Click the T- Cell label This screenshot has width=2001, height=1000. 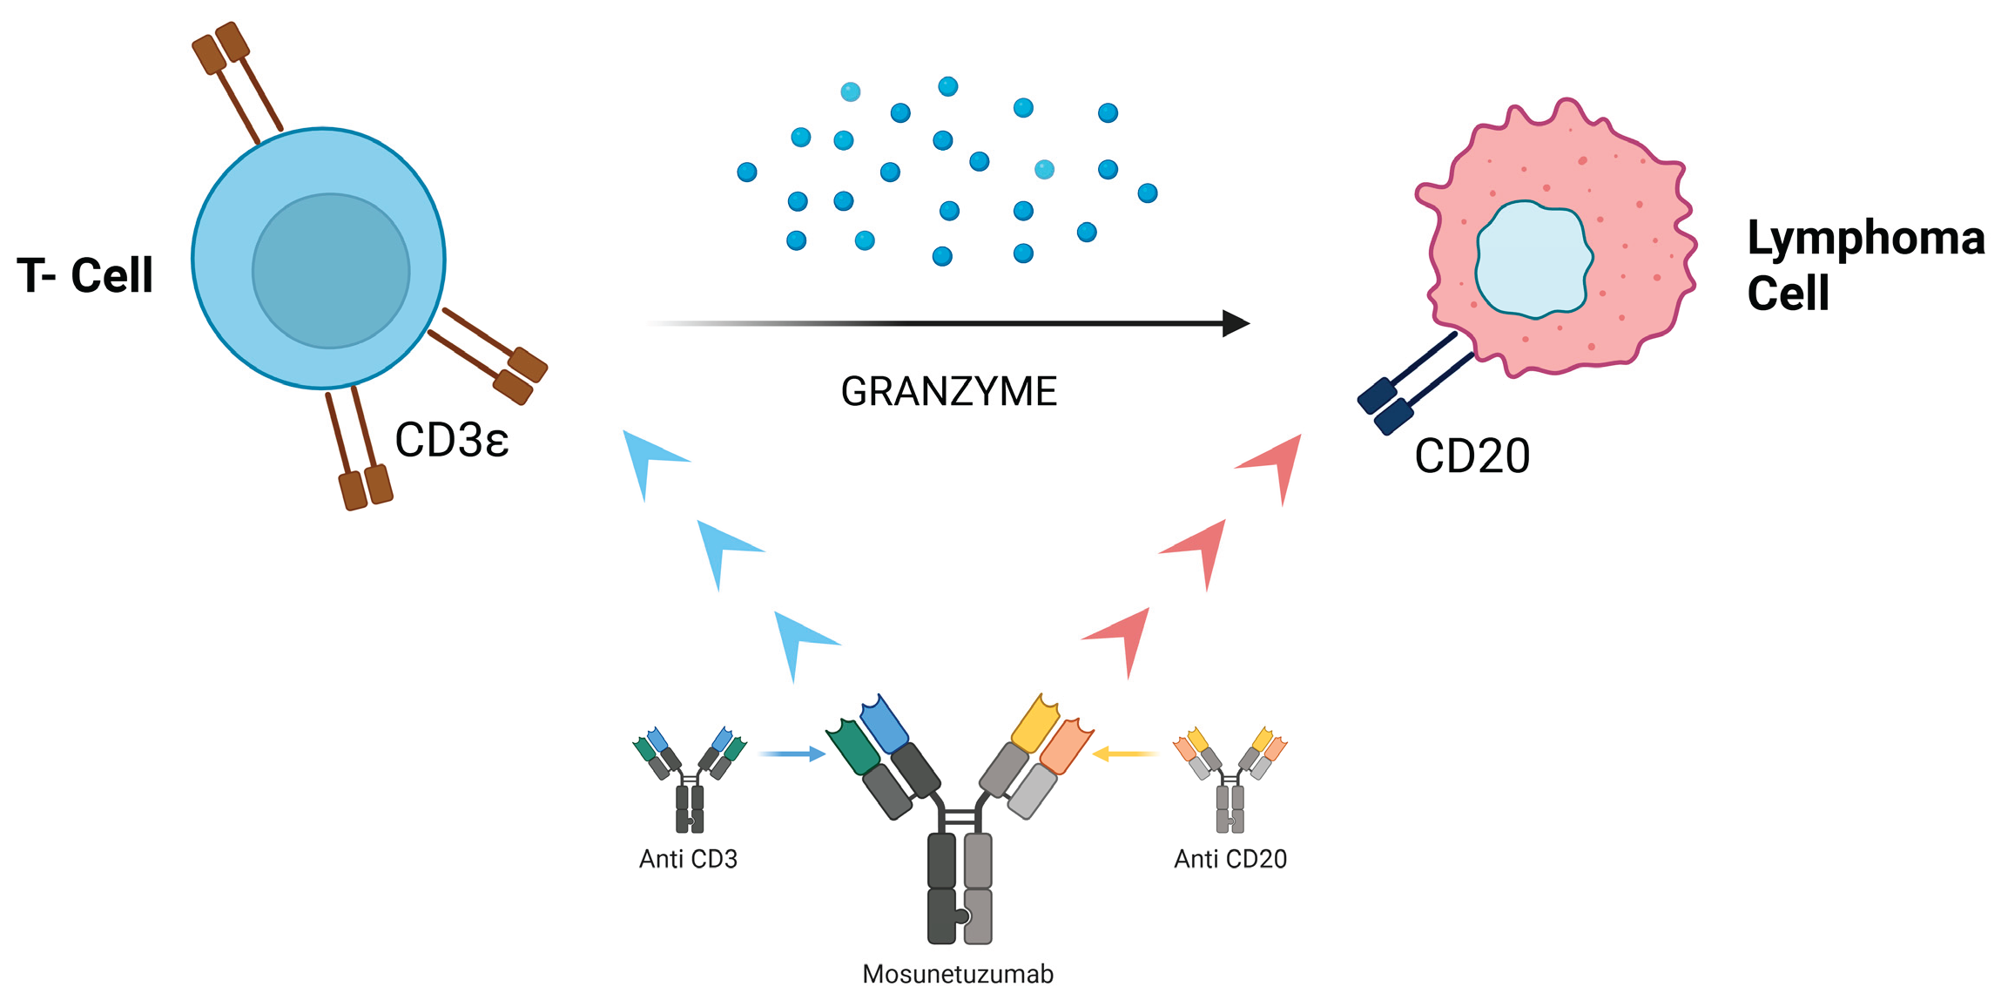point(85,275)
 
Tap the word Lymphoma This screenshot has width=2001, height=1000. point(1865,238)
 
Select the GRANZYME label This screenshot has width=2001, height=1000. point(948,392)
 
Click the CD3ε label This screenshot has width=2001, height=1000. point(451,441)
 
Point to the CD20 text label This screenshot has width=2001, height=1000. point(1472,456)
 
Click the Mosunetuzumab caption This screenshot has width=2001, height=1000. point(957,974)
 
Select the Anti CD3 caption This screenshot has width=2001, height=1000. point(688,860)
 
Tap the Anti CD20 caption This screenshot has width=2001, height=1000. point(1230,860)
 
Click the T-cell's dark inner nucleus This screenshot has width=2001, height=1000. point(331,271)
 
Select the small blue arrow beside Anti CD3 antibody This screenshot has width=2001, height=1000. point(792,753)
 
